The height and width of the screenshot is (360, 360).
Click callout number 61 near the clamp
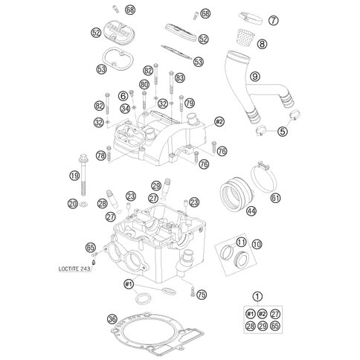[275, 198]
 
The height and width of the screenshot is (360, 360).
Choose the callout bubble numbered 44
[251, 211]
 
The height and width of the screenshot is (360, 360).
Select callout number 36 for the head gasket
[112, 319]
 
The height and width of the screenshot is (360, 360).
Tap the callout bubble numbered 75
[201, 296]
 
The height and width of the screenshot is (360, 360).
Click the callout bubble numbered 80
[144, 86]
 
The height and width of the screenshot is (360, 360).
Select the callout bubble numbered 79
[190, 103]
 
